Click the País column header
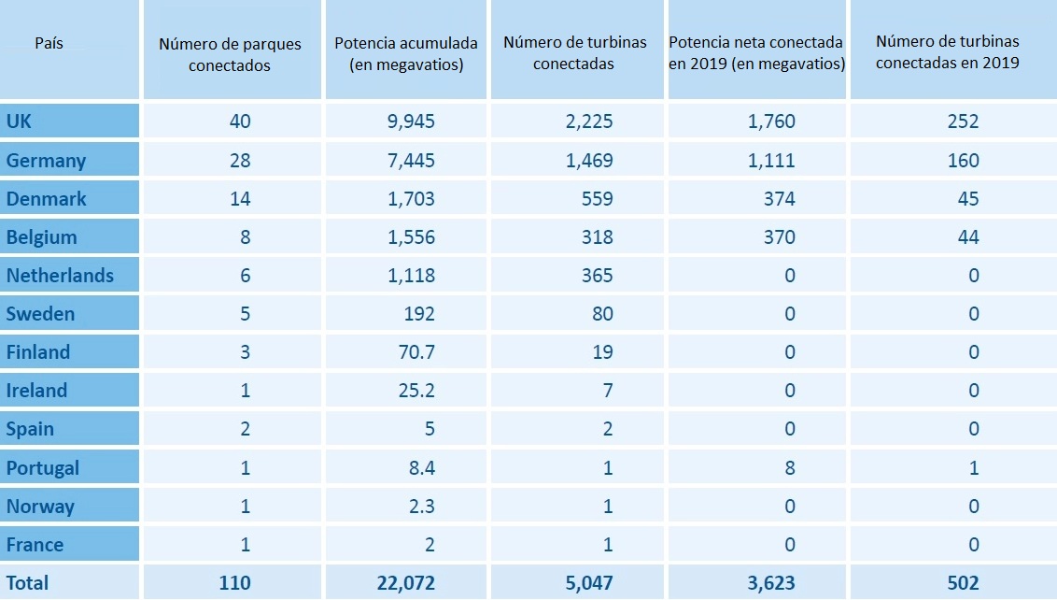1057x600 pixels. click(49, 44)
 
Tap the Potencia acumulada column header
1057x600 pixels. click(405, 54)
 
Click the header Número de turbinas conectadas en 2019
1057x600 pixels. click(947, 52)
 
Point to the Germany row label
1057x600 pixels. click(46, 161)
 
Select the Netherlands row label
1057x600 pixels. click(60, 276)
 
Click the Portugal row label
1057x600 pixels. click(43, 468)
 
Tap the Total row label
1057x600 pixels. click(27, 583)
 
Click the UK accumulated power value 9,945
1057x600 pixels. click(412, 121)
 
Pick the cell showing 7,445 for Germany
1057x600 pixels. click(412, 161)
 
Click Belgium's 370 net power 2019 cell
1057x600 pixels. click(778, 237)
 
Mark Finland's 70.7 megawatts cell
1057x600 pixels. click(415, 352)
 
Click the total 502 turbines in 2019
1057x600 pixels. click(962, 583)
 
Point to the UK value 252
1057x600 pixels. click(962, 121)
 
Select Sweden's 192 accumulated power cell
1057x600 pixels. click(419, 314)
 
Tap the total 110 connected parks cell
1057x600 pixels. click(234, 583)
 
